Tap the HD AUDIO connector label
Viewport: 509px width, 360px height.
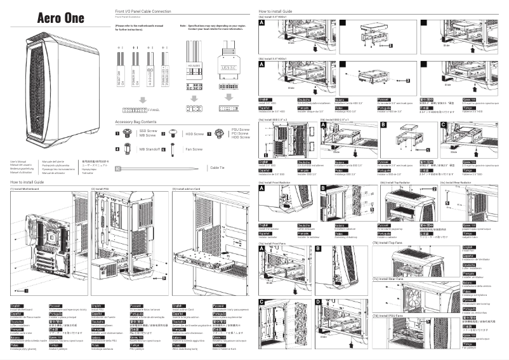point(194,65)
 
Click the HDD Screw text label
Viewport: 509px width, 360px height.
point(195,134)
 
